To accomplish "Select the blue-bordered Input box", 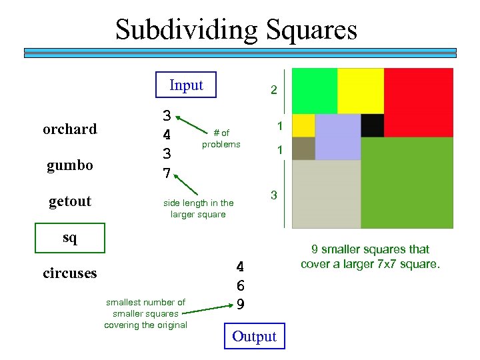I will coord(186,85).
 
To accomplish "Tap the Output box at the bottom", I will coord(254,337).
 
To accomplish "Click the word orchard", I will coord(69,129).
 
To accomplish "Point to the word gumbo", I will coord(69,165).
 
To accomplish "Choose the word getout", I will coord(70,201).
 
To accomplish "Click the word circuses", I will coord(69,273).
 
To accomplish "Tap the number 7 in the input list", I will coord(167,174).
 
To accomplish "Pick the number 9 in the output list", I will coord(241,303).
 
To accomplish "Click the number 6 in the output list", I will coord(241,285).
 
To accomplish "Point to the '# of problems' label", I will coord(221,139).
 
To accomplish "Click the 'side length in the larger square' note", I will coord(198,209).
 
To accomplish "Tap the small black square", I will coord(373,125).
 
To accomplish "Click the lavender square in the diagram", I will coord(337,137).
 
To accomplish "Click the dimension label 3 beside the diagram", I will coord(273,195).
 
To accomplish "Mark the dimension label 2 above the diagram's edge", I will coord(273,90).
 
